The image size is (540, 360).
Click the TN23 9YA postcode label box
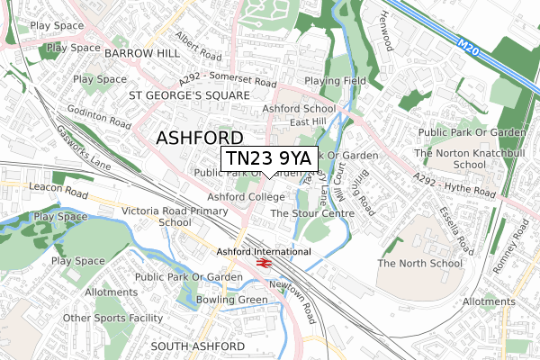269,158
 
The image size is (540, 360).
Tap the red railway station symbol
264,263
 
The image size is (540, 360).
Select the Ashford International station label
264,251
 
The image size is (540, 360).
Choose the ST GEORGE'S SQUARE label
188,94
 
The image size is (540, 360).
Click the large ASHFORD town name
200,138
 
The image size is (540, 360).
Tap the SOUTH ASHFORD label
196,346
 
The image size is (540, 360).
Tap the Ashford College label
246,196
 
